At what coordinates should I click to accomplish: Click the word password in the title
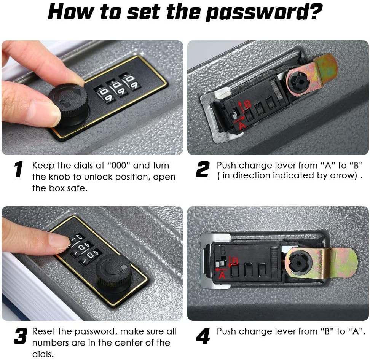(x=264, y=13)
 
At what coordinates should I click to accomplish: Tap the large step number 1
(x=18, y=169)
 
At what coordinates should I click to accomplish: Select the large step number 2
(x=203, y=169)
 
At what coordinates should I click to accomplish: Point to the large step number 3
(x=20, y=336)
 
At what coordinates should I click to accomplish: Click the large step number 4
(x=203, y=336)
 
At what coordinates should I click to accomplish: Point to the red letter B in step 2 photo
(x=247, y=104)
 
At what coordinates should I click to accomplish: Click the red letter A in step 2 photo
(x=242, y=126)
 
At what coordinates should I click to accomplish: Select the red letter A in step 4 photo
(x=222, y=275)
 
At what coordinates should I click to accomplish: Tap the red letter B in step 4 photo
(x=235, y=261)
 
